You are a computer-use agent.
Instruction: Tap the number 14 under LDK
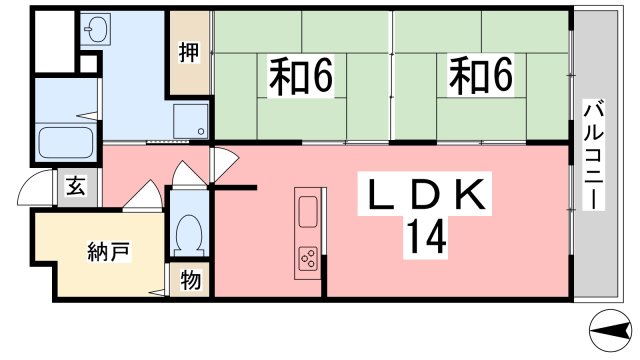[x=425, y=237]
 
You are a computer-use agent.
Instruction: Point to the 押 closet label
[x=188, y=53]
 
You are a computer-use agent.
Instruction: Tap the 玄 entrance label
[x=75, y=186]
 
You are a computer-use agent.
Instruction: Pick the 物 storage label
[x=190, y=280]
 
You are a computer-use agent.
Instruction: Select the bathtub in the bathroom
[x=66, y=142]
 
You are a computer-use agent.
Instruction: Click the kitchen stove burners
[x=307, y=259]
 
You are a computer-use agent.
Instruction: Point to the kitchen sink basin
[x=307, y=211]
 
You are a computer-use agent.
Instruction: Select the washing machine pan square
[x=190, y=121]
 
